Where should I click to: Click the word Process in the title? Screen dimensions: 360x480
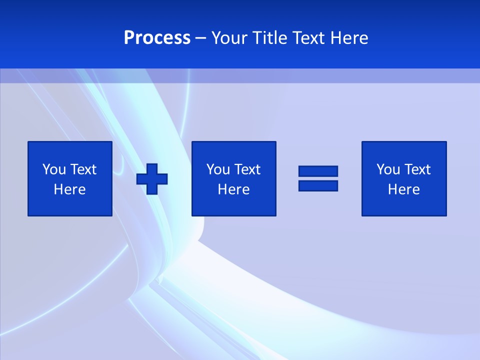[157, 38]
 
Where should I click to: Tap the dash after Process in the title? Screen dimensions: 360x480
[201, 38]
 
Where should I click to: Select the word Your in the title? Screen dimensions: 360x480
[230, 38]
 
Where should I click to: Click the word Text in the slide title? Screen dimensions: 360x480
[310, 38]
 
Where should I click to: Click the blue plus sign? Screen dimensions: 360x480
[152, 178]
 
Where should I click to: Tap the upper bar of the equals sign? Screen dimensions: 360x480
[318, 171]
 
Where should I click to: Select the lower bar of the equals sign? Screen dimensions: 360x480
[318, 185]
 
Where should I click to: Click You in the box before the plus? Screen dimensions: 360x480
[54, 169]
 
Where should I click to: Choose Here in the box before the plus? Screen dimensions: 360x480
[70, 189]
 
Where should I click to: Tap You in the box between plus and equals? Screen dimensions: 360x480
[218, 169]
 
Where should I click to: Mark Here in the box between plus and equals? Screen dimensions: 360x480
[234, 189]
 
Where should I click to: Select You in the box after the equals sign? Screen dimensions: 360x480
[388, 169]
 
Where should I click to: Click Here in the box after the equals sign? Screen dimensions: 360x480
[404, 189]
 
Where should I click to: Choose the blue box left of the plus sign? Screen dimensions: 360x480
[70, 205]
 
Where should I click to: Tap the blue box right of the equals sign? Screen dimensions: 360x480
[404, 205]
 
